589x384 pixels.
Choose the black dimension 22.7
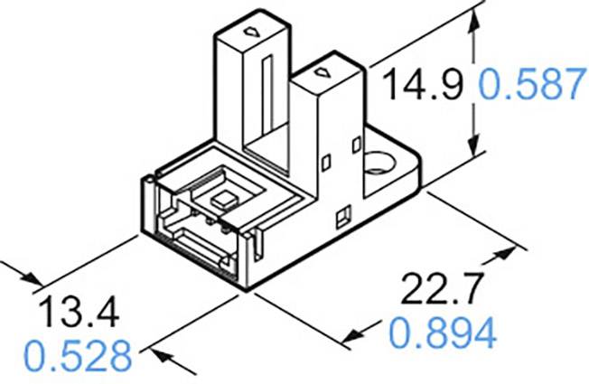tap(441, 291)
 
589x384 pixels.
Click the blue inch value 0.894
tap(443, 334)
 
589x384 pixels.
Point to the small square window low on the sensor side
tap(342, 217)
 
